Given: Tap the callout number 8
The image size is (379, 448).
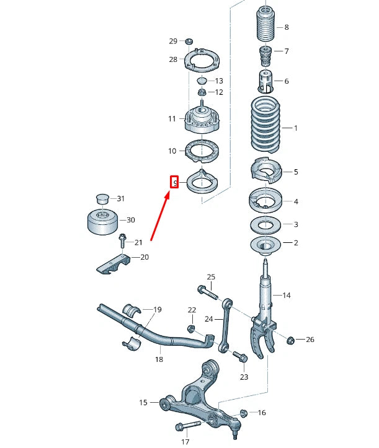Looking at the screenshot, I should [286, 27].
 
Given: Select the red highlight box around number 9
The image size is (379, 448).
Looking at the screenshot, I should [174, 182].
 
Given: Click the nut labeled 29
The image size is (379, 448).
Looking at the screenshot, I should [189, 42].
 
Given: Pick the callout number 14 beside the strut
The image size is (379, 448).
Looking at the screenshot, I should [286, 295].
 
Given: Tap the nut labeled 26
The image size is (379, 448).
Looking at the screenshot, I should [290, 339].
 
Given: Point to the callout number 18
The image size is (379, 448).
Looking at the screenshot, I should [159, 359].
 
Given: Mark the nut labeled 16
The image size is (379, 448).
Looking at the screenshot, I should [243, 412].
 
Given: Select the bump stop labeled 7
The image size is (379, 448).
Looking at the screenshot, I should [265, 55].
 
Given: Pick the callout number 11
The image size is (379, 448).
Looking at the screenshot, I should [172, 118].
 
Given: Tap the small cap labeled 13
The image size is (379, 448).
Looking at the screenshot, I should [202, 81].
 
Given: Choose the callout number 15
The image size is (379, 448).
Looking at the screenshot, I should [143, 403].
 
